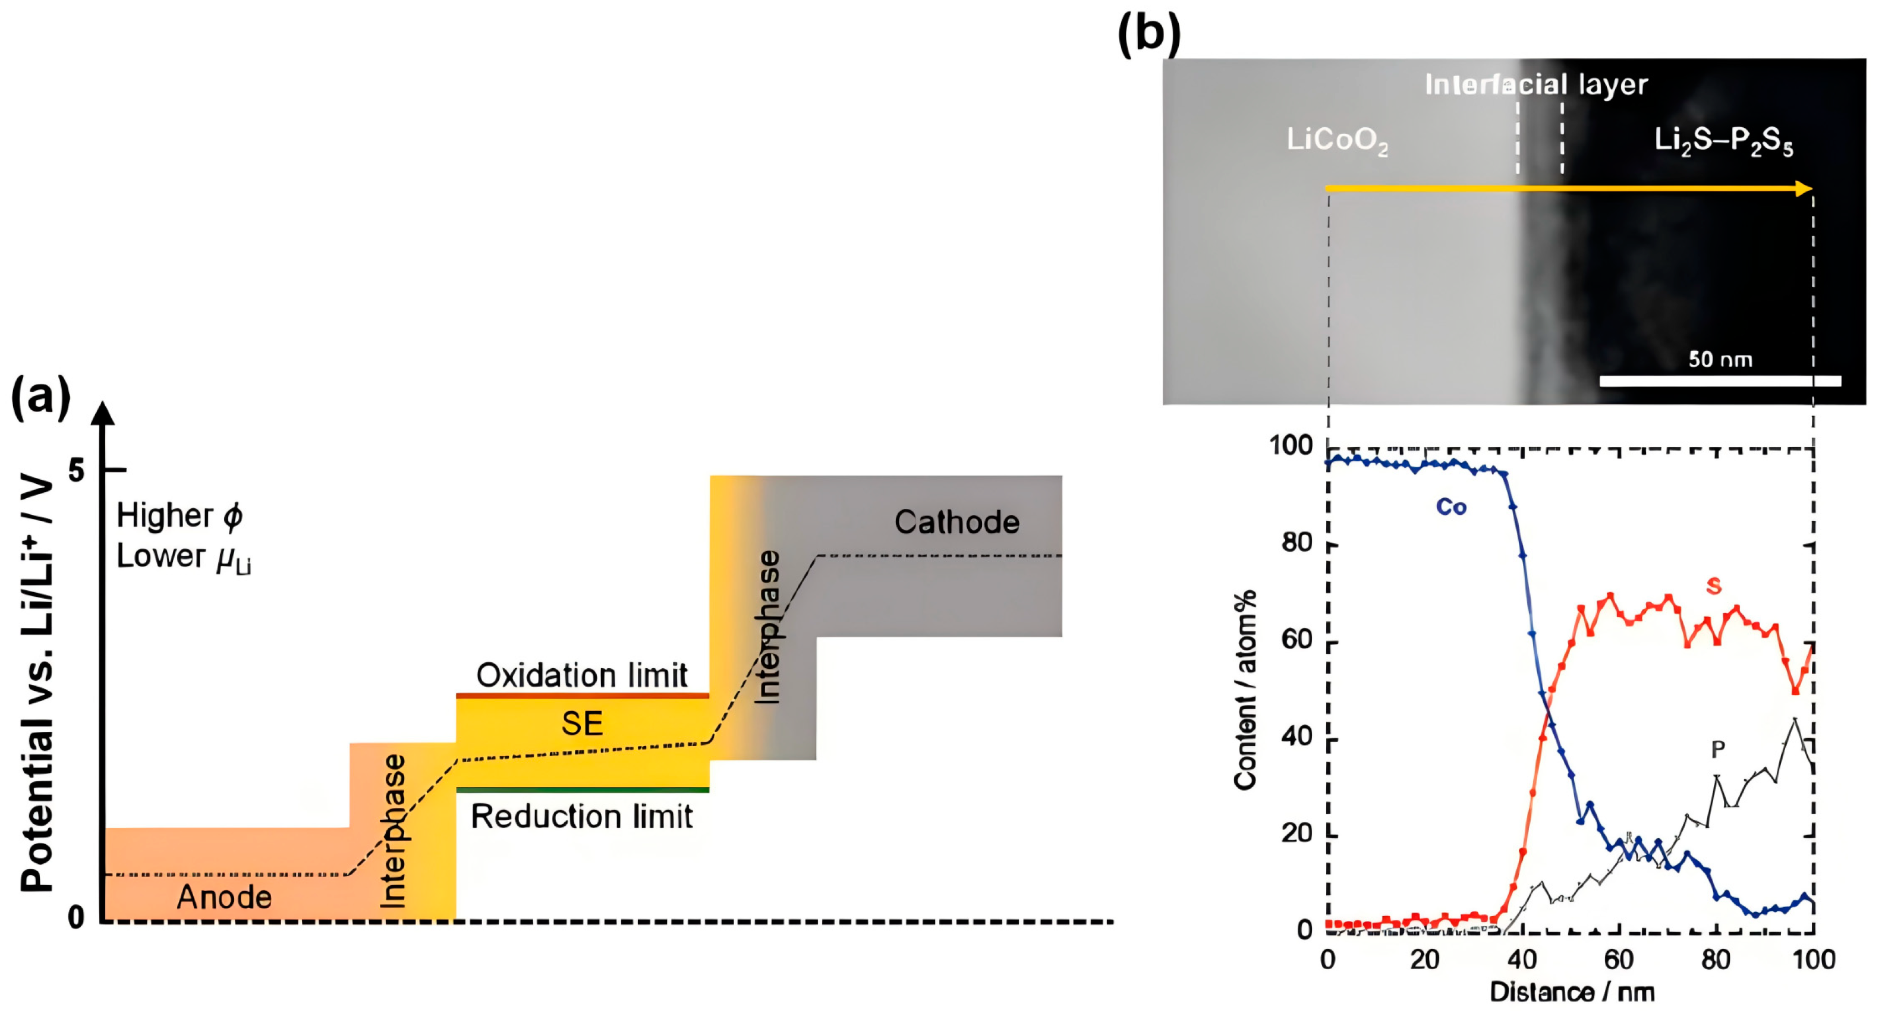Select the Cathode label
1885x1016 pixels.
coord(956,522)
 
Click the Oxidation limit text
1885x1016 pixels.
coord(582,675)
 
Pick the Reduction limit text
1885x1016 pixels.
coord(582,816)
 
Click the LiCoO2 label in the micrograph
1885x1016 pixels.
coord(1337,140)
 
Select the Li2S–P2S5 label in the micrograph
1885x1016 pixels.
coord(1723,140)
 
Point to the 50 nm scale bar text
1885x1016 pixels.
coord(1720,360)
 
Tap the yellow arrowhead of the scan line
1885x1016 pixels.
coord(1803,189)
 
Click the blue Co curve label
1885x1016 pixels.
coord(1451,507)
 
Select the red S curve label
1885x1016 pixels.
coord(1714,586)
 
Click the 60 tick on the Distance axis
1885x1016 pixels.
coord(1619,959)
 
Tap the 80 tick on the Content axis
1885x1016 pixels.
coord(1296,543)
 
